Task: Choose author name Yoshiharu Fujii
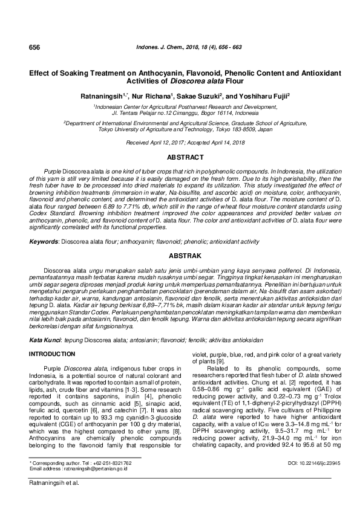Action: click(264, 96)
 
